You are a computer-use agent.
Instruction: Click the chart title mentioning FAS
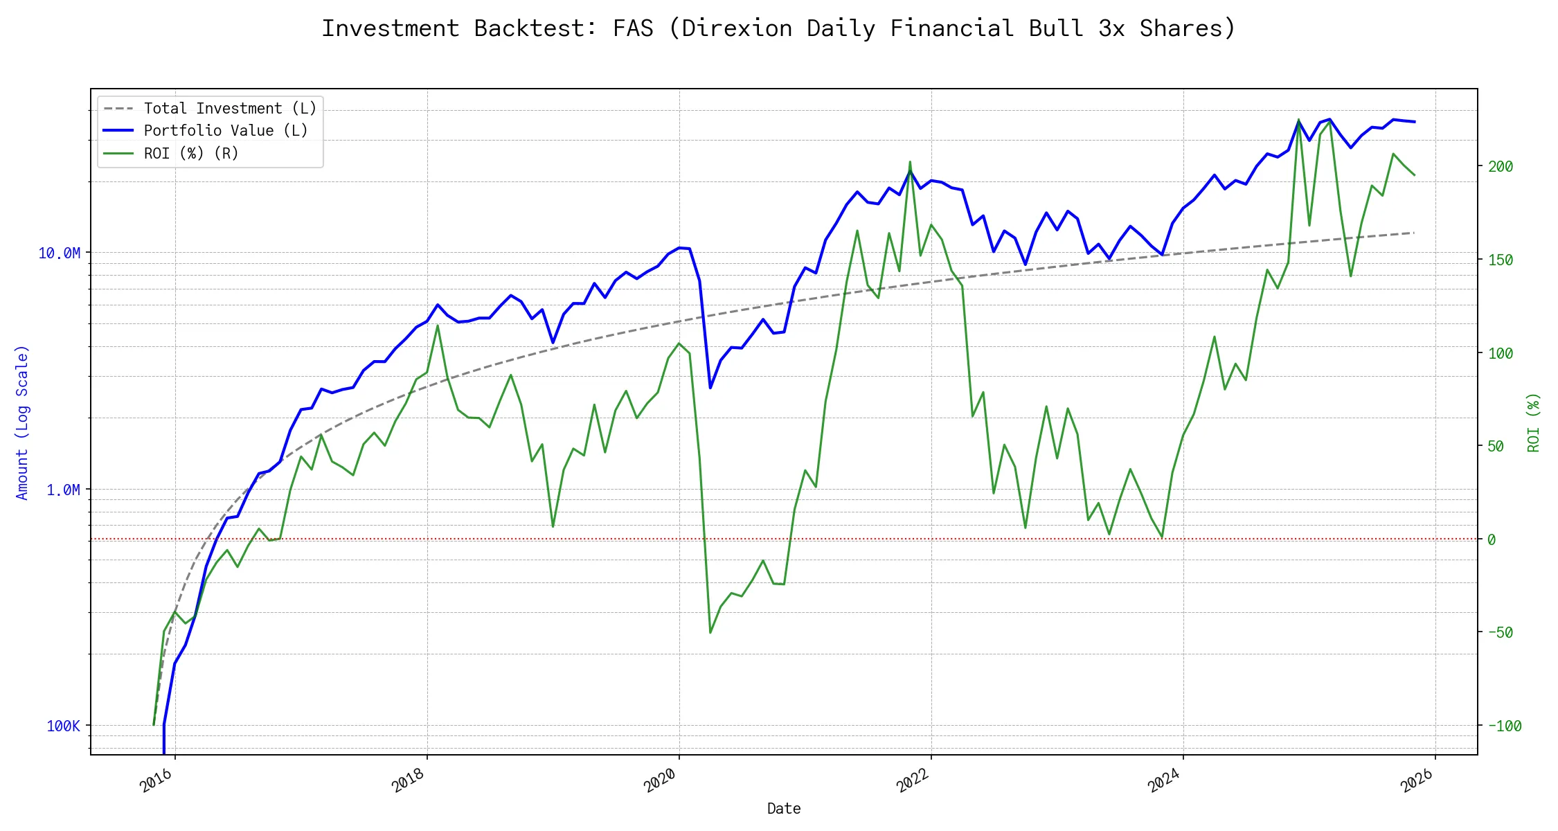click(778, 28)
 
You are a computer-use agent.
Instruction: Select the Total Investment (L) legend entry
click(229, 109)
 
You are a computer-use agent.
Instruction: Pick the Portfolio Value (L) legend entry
click(225, 131)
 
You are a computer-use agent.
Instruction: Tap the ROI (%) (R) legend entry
click(190, 154)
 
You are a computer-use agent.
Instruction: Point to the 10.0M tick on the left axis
click(60, 253)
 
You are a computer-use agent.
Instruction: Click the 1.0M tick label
click(63, 490)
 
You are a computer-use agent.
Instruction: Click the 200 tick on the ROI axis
click(1501, 166)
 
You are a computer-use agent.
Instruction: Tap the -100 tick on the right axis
click(1504, 726)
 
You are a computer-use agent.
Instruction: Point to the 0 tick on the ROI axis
click(1492, 539)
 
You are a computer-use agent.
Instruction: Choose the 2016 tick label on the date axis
click(156, 780)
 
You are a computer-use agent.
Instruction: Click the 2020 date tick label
click(660, 780)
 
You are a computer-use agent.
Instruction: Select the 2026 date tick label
click(1417, 780)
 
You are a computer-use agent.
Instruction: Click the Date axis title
click(784, 809)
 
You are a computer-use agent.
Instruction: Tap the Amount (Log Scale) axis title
click(22, 422)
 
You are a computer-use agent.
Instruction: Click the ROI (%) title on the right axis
click(1534, 422)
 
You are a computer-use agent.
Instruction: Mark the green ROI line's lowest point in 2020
click(710, 632)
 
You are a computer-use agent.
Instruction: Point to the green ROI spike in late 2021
click(910, 162)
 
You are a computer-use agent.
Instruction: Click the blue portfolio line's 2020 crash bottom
click(710, 388)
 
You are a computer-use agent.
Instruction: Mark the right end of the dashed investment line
click(1413, 233)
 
